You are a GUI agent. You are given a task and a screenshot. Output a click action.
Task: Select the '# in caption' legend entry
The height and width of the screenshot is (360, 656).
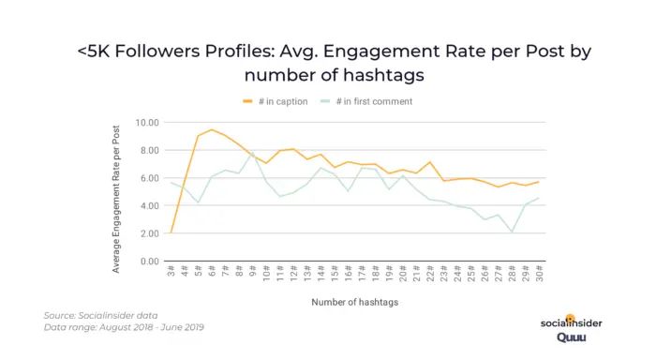(281, 101)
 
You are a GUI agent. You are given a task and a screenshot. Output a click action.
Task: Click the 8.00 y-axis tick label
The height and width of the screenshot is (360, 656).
(147, 150)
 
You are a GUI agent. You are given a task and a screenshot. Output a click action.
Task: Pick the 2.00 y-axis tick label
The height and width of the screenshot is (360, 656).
(147, 233)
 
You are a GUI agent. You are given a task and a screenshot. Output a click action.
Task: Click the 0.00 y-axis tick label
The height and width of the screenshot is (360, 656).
(147, 262)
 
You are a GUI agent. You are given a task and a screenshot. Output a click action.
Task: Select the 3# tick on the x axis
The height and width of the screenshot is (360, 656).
(171, 274)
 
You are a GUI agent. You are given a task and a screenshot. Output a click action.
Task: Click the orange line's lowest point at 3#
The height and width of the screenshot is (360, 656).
(171, 232)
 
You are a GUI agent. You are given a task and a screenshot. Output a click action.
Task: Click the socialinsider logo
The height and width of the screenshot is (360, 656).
(572, 322)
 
